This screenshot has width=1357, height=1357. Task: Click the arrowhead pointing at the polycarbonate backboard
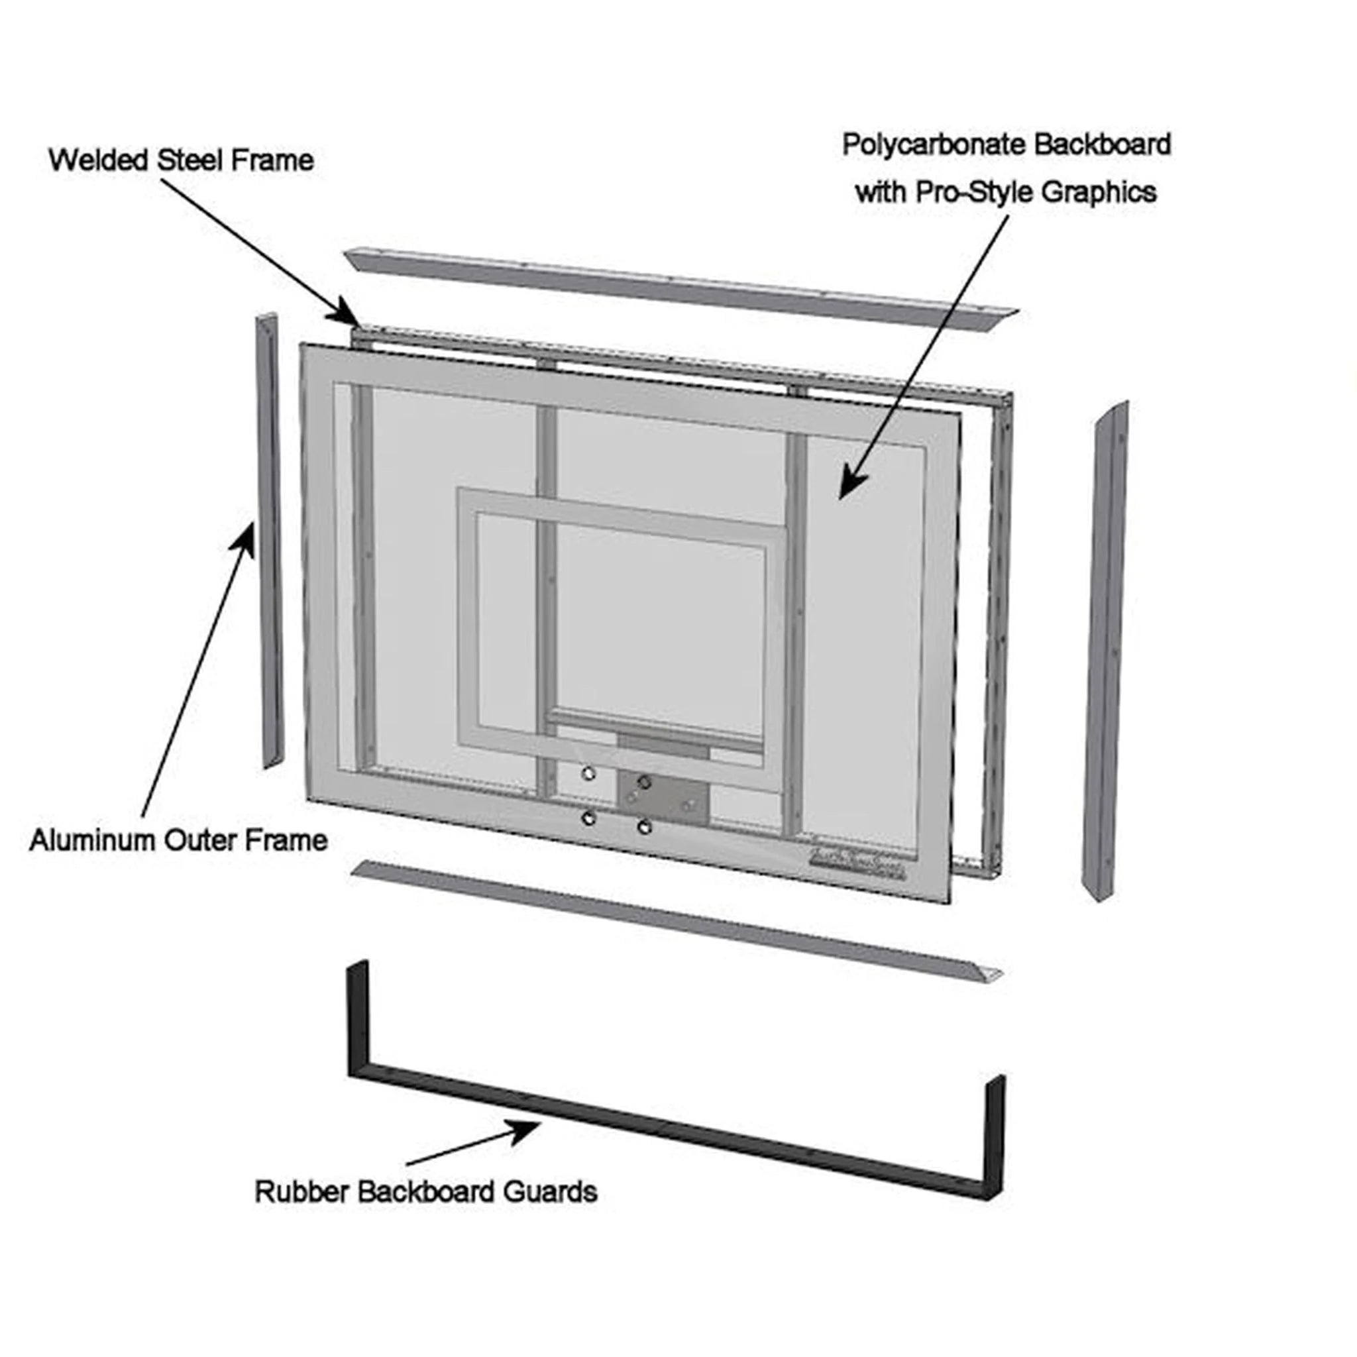(x=851, y=484)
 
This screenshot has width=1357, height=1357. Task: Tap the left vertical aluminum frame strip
(x=270, y=541)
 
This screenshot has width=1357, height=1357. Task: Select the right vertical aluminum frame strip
(x=1109, y=653)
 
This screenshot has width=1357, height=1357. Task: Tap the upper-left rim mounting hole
(x=588, y=773)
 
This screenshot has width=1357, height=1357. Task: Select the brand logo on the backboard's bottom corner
(x=859, y=871)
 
